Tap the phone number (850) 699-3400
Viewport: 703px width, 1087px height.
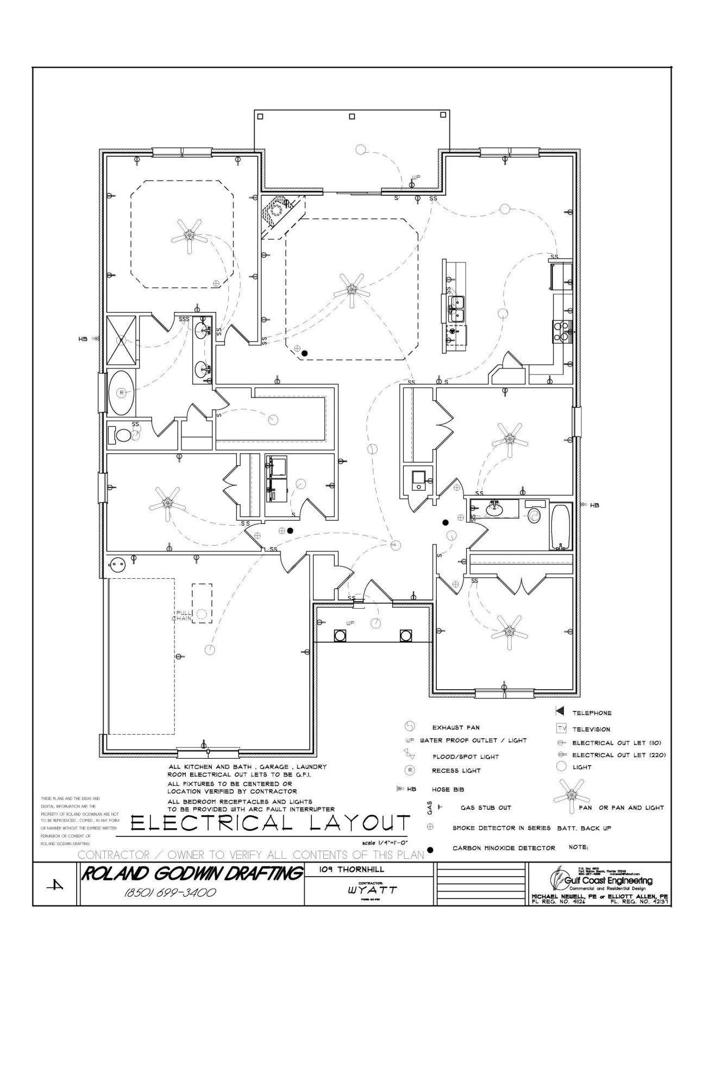click(x=171, y=893)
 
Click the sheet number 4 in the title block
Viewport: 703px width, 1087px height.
click(x=56, y=885)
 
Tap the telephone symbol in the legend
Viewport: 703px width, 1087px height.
click(x=560, y=713)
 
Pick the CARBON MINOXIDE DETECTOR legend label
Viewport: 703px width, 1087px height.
click(x=504, y=848)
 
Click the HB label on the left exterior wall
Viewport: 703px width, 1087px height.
click(x=83, y=339)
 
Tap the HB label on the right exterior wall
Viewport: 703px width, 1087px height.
click(x=594, y=505)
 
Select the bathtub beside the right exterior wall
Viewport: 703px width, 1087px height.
click(x=561, y=527)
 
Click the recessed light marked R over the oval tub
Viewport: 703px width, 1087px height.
click(x=121, y=392)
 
